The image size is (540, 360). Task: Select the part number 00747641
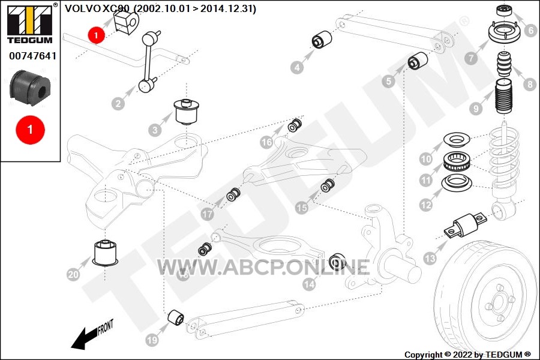coord(32,56)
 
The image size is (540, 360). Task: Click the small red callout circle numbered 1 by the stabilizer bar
coord(96,35)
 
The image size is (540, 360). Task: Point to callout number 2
coord(118,103)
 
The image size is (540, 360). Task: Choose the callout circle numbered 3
coord(155,130)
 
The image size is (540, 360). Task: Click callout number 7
coord(472,59)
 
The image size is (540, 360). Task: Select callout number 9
coord(476,109)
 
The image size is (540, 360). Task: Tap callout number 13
coord(430,259)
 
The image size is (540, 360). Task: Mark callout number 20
coord(73,275)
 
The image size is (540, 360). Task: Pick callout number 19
coord(152,340)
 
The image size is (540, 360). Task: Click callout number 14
coord(309,285)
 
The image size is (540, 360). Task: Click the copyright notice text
coord(467,355)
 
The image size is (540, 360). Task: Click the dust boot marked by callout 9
coord(502,103)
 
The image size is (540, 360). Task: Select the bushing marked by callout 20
coord(105,252)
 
